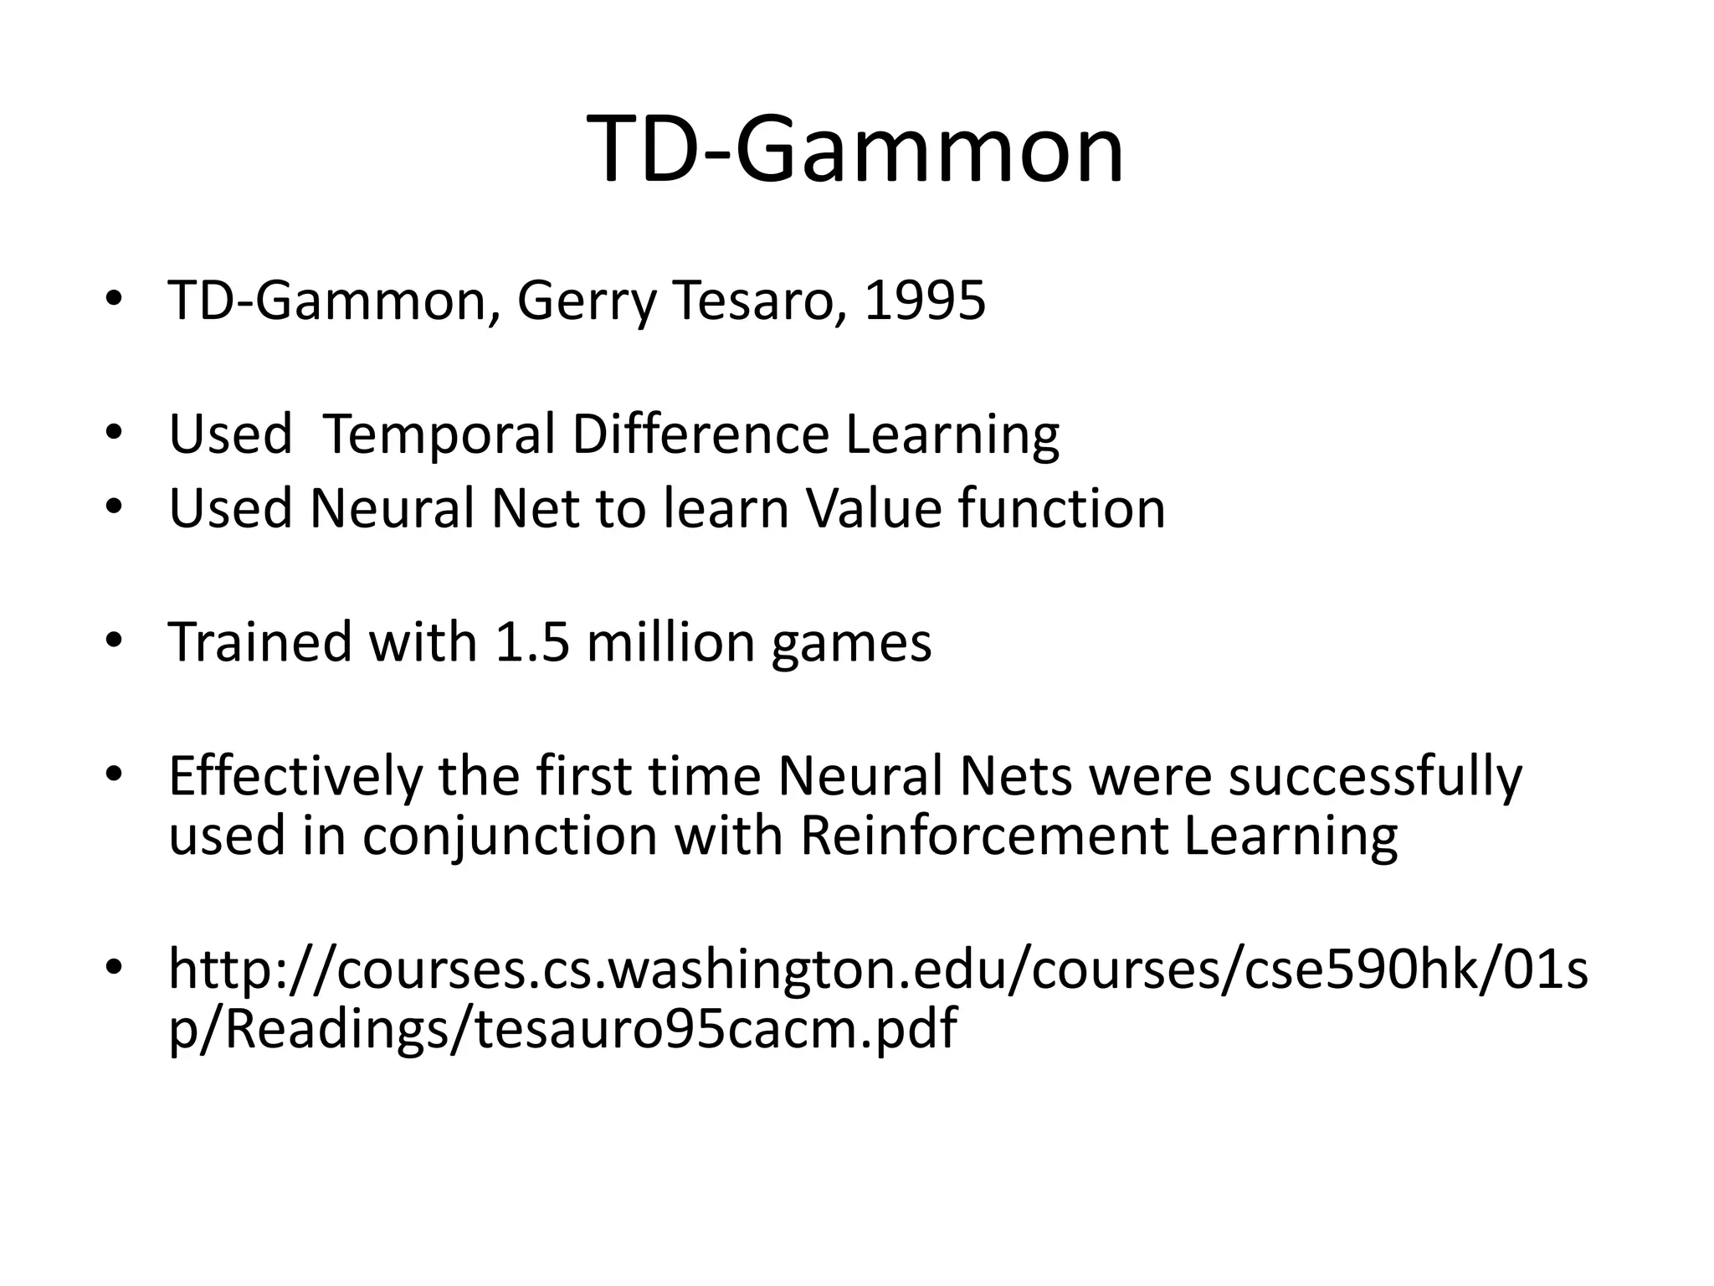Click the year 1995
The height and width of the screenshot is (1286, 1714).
coord(925,301)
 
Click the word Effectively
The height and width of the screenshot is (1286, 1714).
coord(295,777)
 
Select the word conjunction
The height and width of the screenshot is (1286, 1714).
coord(510,838)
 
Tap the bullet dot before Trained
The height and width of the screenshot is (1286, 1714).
coord(114,640)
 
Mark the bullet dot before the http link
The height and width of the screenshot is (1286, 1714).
coord(114,968)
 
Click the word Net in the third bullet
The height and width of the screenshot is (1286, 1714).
coord(535,508)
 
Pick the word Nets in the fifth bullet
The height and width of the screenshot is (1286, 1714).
coord(1016,776)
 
